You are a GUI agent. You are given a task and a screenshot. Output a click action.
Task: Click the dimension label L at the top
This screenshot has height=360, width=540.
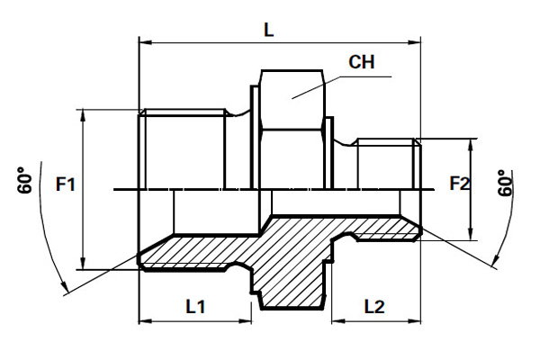(268, 30)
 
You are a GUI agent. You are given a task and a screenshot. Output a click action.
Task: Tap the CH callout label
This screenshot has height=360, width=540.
(361, 62)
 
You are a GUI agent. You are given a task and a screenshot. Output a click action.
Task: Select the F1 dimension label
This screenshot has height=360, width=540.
(66, 184)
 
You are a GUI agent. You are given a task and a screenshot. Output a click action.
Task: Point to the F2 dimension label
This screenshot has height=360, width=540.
(460, 183)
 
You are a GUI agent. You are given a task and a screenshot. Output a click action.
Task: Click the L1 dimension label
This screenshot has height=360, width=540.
(195, 306)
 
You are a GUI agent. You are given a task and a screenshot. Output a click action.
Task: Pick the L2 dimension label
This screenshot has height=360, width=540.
(374, 306)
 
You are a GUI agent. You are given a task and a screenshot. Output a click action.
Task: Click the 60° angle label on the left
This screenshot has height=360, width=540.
(25, 180)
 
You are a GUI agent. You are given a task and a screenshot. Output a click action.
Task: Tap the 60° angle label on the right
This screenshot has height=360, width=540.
(506, 183)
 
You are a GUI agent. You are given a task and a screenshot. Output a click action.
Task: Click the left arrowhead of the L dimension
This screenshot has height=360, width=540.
(145, 42)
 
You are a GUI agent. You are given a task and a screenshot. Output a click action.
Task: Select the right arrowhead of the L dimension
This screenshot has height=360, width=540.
(414, 42)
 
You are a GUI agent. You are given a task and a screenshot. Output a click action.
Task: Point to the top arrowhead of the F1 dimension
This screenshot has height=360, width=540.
(83, 116)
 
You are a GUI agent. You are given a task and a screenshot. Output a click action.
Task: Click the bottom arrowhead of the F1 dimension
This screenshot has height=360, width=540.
(83, 263)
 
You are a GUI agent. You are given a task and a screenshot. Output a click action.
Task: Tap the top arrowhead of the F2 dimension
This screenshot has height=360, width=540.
(471, 146)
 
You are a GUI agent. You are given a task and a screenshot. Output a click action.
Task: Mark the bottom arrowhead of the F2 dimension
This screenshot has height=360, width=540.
(471, 234)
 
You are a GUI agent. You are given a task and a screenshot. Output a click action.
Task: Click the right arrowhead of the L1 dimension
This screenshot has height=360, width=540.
(245, 321)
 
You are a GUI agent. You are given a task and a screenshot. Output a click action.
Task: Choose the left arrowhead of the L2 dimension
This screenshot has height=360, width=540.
(338, 321)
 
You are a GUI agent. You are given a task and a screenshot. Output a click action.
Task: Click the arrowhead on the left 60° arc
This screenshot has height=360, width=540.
(64, 287)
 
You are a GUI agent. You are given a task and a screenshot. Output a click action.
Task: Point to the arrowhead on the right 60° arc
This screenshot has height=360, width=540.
(495, 260)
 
